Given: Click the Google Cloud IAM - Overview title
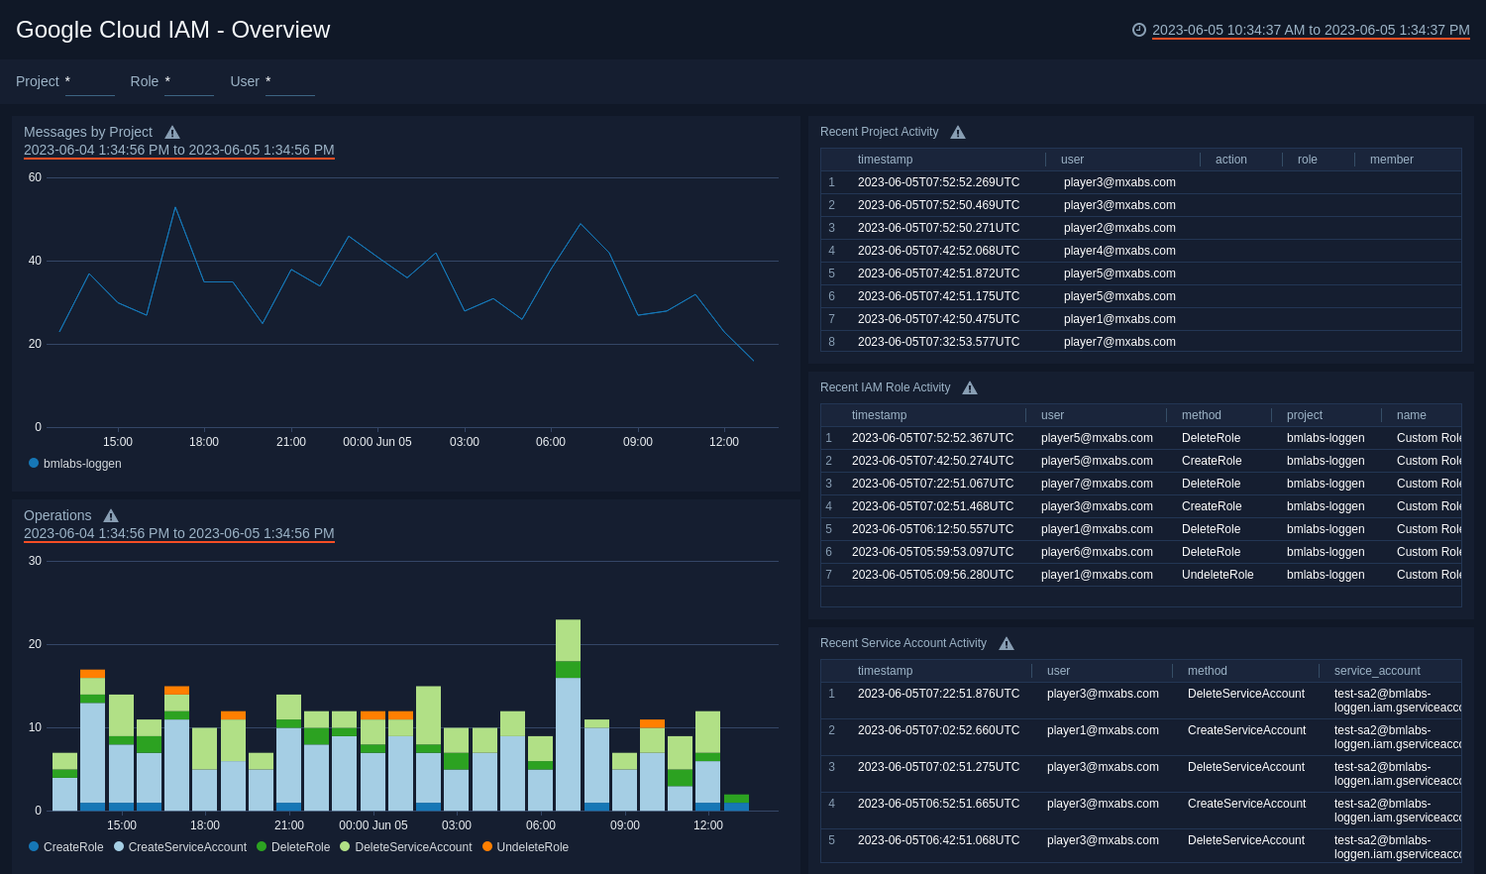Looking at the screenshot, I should click(173, 30).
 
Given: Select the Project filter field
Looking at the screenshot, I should click(89, 82).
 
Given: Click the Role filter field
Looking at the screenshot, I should click(188, 82).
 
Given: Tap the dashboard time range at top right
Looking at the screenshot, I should click(1310, 30).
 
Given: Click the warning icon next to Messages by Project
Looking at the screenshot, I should click(172, 133).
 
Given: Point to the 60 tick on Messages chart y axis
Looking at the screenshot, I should click(35, 177).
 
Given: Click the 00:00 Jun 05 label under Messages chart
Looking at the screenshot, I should click(376, 442).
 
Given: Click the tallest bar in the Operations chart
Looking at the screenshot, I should click(568, 713).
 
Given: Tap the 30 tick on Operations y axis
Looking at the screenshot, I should click(35, 561).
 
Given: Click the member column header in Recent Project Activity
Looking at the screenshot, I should click(1391, 160).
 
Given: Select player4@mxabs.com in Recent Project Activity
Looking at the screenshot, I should click(1119, 251).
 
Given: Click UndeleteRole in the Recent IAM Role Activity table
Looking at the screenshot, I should click(1218, 575).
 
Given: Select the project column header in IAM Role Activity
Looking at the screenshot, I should click(1305, 415).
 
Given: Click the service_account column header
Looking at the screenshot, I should click(1376, 671).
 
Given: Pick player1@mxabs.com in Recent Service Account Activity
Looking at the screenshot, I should click(1103, 730).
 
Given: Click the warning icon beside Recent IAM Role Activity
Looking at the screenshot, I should click(970, 388).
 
